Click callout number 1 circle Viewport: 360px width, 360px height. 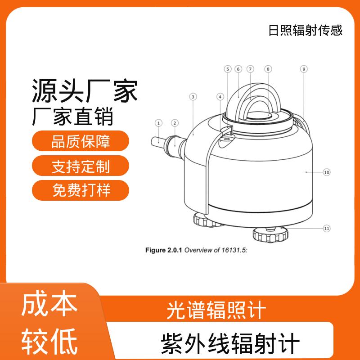click(158, 123)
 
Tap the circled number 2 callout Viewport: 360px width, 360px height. click(175, 123)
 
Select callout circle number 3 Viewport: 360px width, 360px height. click(193, 97)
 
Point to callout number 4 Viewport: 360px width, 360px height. click(220, 97)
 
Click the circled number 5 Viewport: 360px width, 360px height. click(228, 69)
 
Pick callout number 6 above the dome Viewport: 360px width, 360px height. click(238, 69)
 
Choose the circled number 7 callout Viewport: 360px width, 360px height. click(250, 69)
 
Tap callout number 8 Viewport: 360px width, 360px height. click(268, 69)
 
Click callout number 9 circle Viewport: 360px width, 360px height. click(304, 69)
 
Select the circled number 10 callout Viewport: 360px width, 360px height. click(327, 172)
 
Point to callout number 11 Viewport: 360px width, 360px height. click(327, 229)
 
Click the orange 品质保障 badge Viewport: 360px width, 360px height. click(81, 141)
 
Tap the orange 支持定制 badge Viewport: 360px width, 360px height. click(81, 166)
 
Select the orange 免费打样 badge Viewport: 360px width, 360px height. click(81, 190)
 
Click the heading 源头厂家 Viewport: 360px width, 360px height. click(85, 91)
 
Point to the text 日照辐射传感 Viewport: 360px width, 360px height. click(306, 31)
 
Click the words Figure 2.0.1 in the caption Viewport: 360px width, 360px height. click(163, 250)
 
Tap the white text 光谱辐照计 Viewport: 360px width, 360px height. click(216, 310)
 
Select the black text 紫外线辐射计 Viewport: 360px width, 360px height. click(230, 344)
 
